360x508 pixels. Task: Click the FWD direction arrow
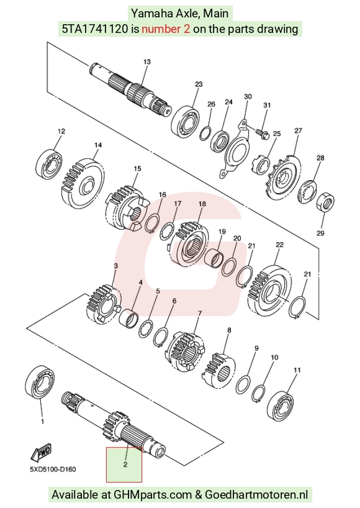(x=41, y=452)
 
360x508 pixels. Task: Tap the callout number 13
(x=146, y=61)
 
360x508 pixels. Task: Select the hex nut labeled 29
(x=325, y=202)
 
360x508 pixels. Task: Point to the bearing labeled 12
(x=49, y=163)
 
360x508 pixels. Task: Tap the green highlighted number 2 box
(x=124, y=465)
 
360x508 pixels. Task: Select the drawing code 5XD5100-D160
(x=53, y=469)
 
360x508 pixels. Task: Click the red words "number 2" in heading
(x=166, y=29)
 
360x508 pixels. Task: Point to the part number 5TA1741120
(x=95, y=29)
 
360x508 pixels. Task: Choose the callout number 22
(x=279, y=245)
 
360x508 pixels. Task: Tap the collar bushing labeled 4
(x=129, y=319)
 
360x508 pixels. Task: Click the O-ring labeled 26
(x=205, y=134)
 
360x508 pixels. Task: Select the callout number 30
(x=248, y=96)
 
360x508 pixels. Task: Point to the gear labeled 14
(x=83, y=183)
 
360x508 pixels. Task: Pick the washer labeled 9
(x=243, y=384)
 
